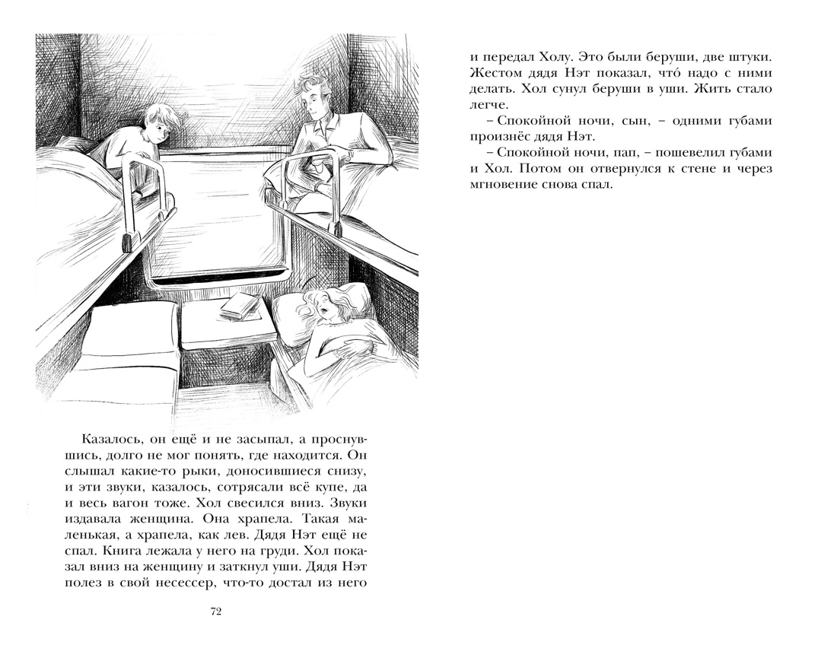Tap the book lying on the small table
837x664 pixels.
(x=241, y=305)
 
